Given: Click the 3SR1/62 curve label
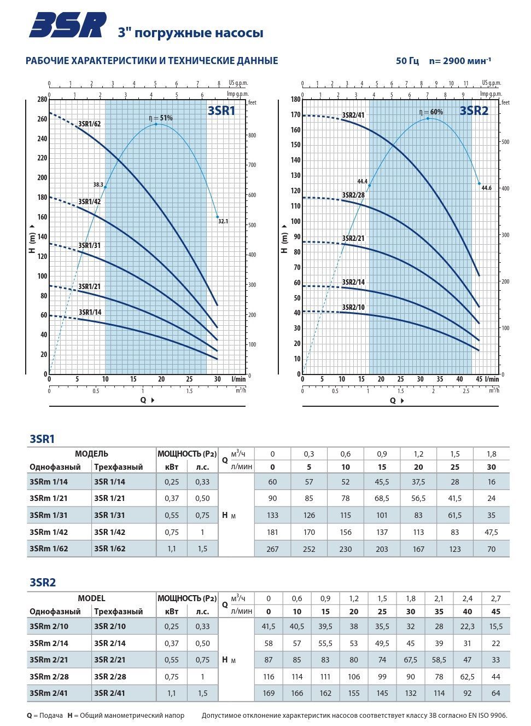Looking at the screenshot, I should click(90, 124).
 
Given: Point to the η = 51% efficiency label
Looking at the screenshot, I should click(161, 118).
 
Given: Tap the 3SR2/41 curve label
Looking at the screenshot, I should click(353, 115).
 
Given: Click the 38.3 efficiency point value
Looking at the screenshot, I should click(98, 185).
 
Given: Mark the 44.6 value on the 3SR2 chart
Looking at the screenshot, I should click(486, 188).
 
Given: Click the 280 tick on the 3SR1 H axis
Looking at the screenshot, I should click(42, 99).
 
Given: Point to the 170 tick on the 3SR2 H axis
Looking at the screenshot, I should click(296, 115).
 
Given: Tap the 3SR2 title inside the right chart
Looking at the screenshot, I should click(474, 111).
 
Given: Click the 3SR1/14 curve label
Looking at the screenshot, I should click(90, 312).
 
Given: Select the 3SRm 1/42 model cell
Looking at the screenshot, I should click(49, 532).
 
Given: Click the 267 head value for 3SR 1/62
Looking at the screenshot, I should click(272, 549).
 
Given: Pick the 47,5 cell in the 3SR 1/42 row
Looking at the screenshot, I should click(491, 532).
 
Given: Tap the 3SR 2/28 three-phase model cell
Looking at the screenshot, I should click(109, 677).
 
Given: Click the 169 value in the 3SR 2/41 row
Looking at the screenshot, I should click(269, 693).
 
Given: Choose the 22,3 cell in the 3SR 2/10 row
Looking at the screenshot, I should click(467, 626).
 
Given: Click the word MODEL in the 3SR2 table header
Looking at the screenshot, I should click(91, 598).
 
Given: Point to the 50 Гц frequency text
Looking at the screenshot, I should click(407, 61).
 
